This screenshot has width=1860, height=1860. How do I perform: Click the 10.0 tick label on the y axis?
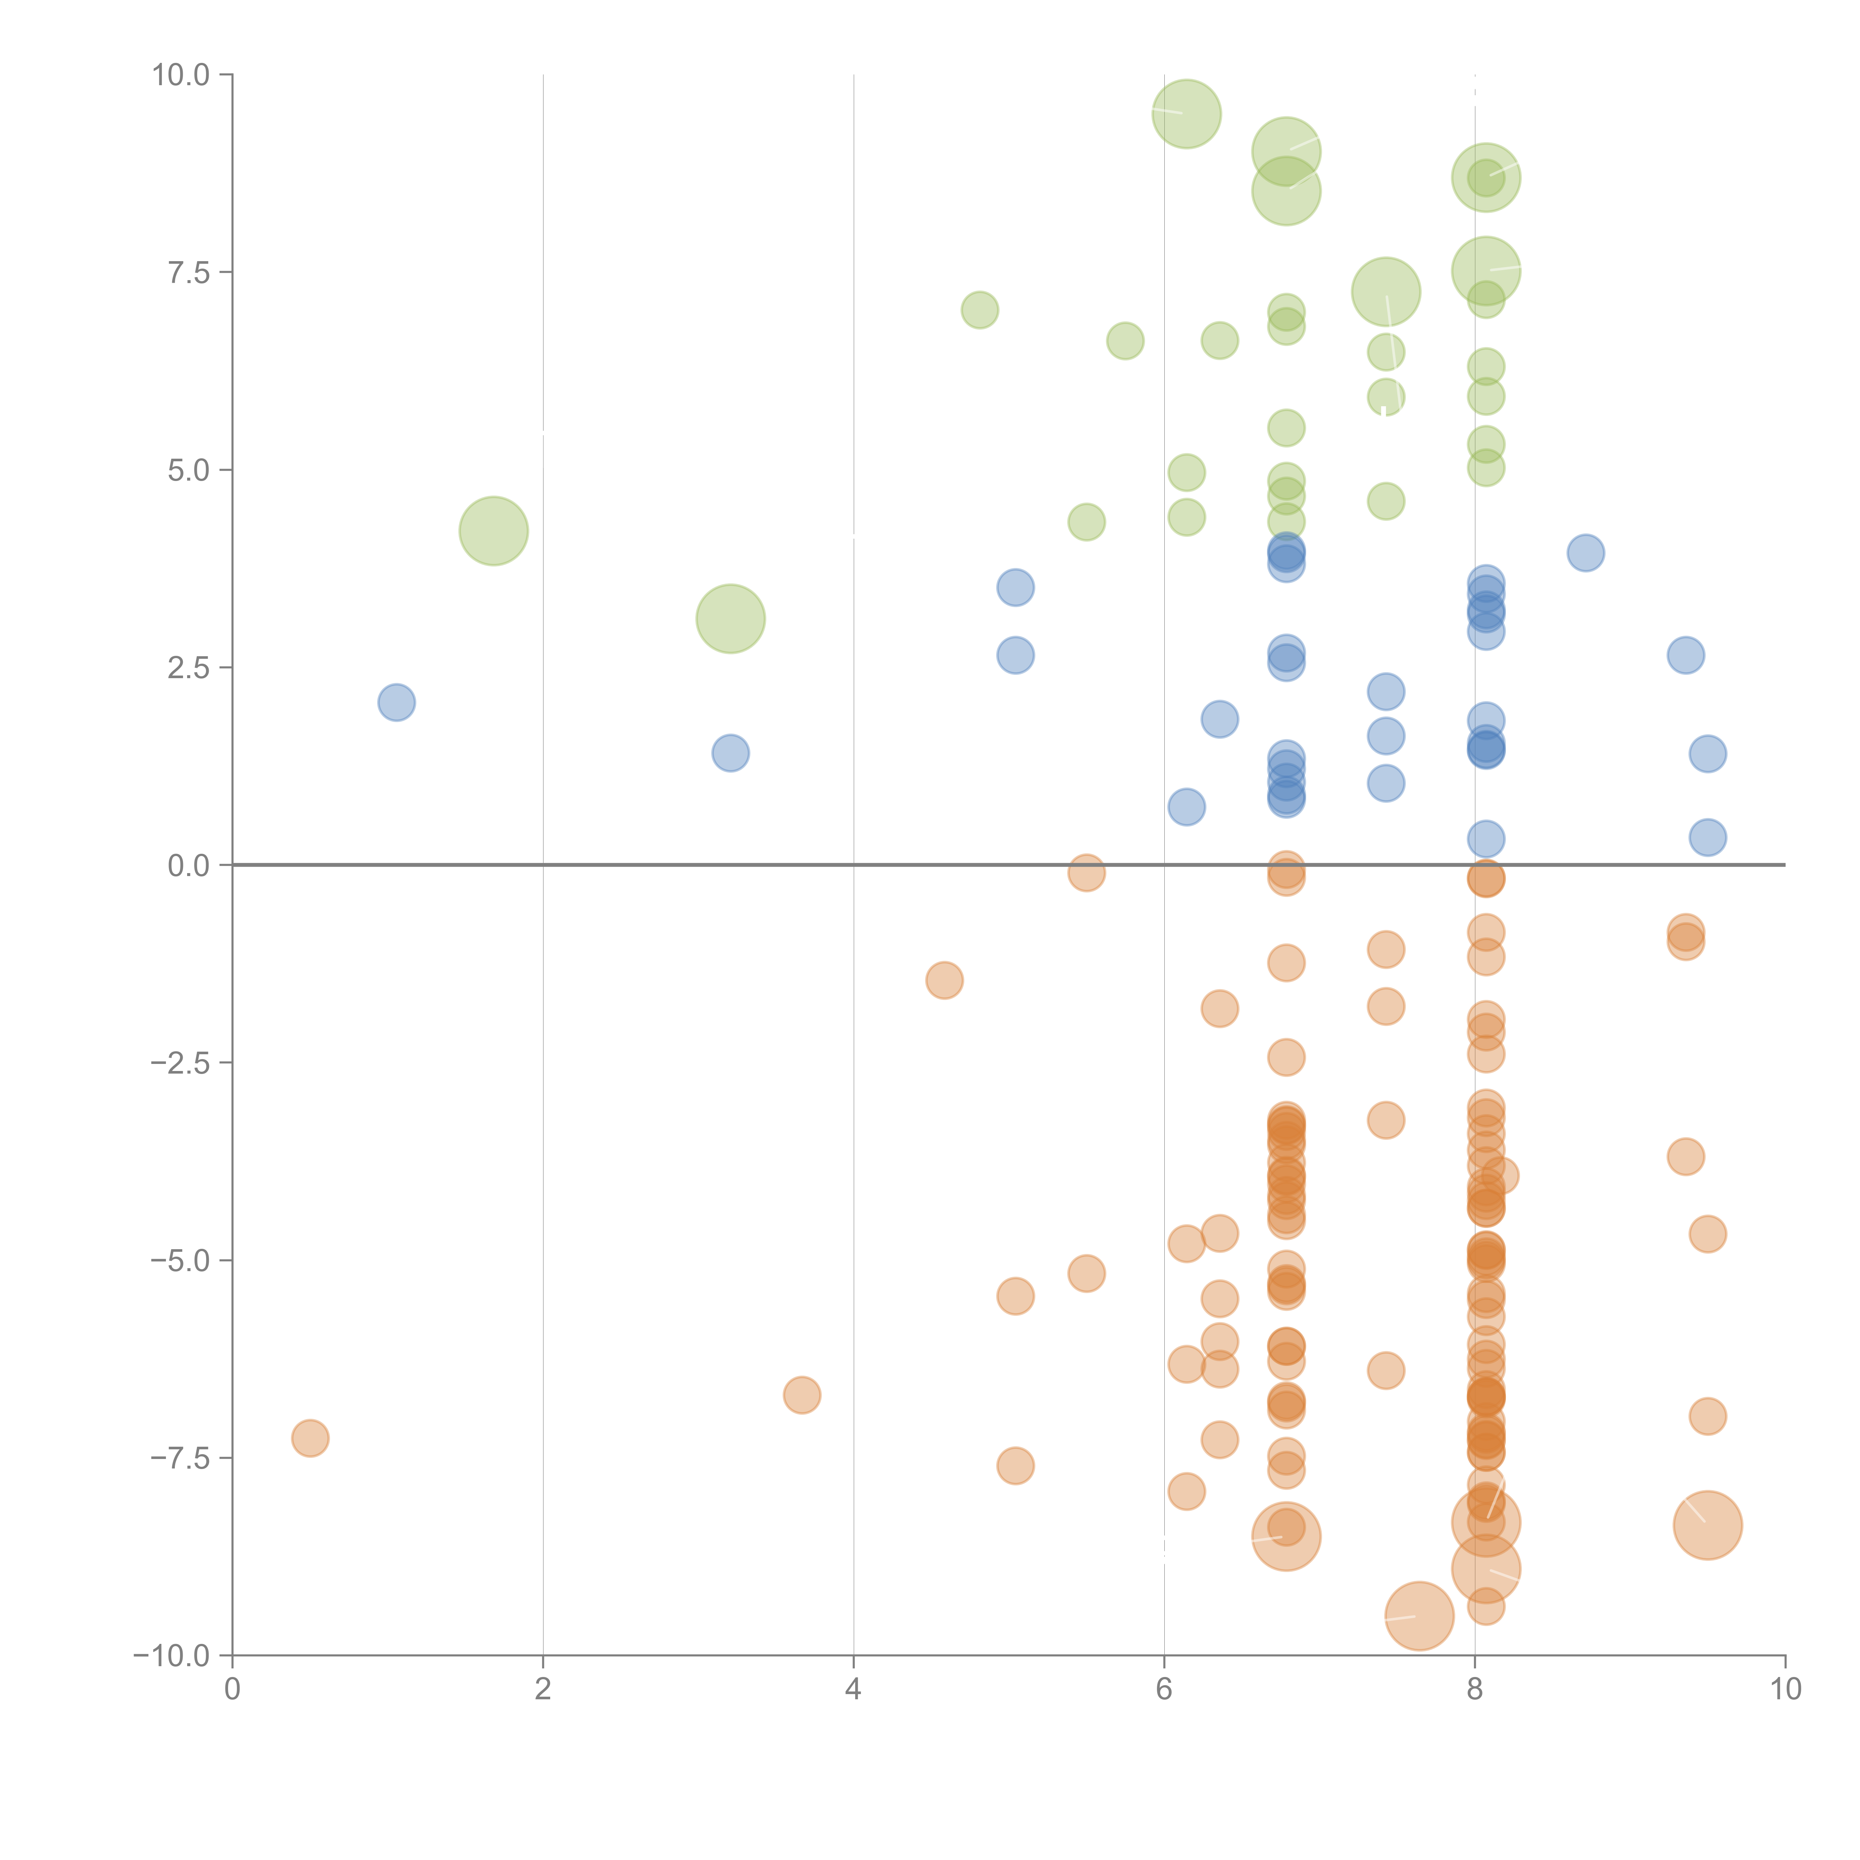pyautogui.click(x=181, y=75)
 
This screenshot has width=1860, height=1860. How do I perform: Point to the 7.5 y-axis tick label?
pyautogui.click(x=189, y=272)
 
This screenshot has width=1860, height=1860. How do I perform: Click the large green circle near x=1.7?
pyautogui.click(x=493, y=530)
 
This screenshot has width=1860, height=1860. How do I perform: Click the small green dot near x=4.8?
pyautogui.click(x=979, y=310)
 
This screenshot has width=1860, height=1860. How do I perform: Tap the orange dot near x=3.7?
pyautogui.click(x=801, y=1395)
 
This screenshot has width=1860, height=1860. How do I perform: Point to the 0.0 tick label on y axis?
pyautogui.click(x=189, y=866)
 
